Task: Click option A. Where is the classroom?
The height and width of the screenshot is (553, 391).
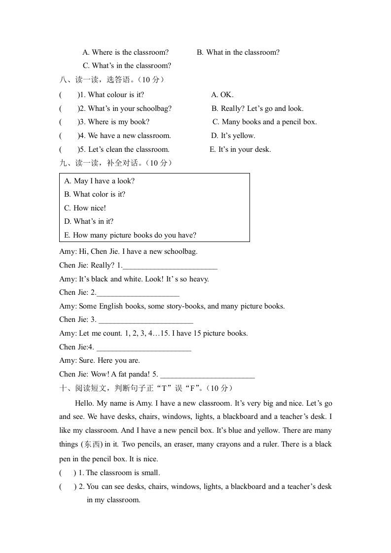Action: (125, 52)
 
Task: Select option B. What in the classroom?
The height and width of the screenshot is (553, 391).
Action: (238, 52)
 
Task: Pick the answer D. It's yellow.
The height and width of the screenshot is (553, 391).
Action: (233, 136)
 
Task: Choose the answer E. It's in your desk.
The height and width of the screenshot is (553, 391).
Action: (240, 149)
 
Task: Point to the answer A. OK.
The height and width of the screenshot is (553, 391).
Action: (222, 95)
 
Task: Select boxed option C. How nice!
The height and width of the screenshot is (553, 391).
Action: (85, 208)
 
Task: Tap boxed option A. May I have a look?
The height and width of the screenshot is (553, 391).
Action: (99, 181)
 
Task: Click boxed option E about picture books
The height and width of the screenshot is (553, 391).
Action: (130, 235)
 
